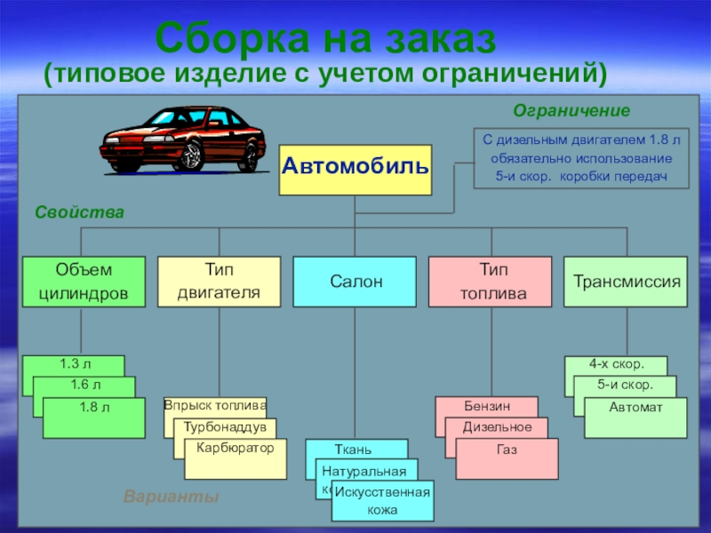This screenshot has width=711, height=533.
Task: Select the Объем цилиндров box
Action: coord(84,282)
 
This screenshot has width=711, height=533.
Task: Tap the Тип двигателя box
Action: coord(219,282)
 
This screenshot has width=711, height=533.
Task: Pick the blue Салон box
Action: coord(355,282)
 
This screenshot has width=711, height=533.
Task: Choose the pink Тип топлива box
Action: coord(490,282)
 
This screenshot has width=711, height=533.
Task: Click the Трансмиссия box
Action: coord(626,282)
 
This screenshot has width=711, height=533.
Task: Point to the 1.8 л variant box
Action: coord(93,418)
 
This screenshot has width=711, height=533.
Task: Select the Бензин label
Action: coord(486,405)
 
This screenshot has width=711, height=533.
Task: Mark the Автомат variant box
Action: coord(635,418)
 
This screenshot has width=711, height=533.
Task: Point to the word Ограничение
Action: coord(571,111)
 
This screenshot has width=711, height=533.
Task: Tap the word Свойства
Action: coord(79,213)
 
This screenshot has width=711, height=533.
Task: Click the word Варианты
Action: coord(171,497)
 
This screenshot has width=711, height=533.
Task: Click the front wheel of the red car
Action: coord(189,158)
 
